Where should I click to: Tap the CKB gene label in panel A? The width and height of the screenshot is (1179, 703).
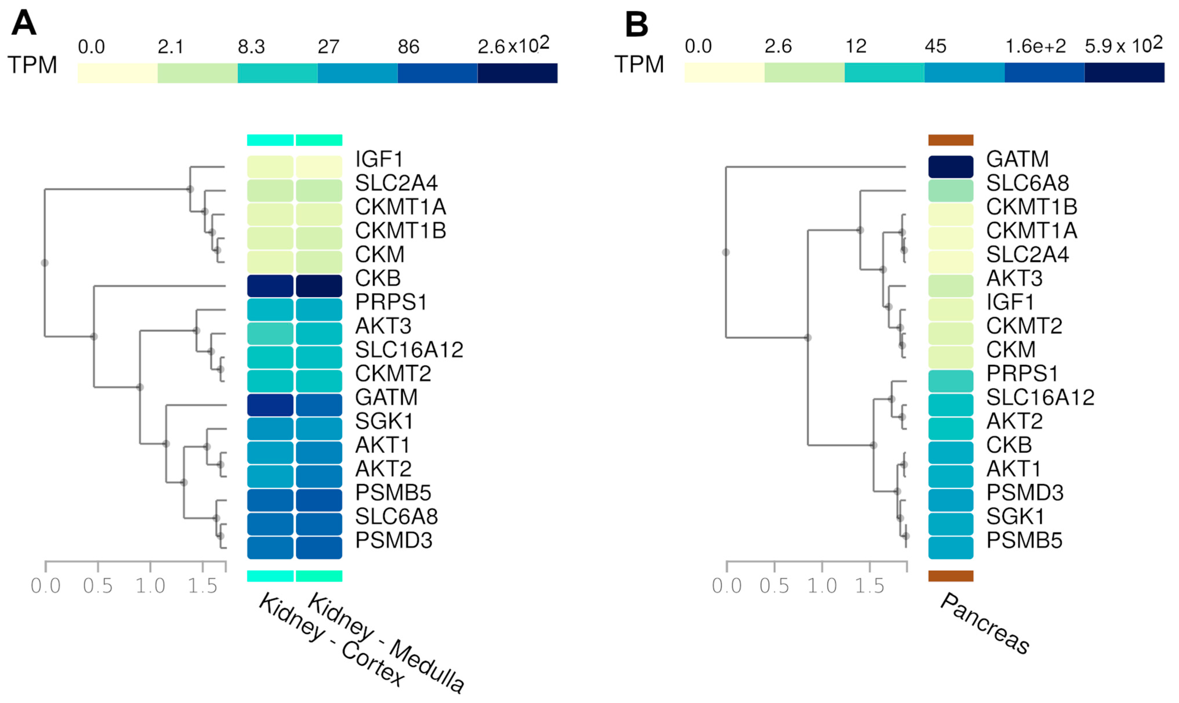click(x=378, y=278)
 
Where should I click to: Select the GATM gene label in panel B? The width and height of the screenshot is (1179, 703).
click(x=1017, y=159)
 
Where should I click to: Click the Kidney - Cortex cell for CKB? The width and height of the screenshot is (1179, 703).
click(x=270, y=286)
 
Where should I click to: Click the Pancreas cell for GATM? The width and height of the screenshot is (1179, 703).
click(x=950, y=167)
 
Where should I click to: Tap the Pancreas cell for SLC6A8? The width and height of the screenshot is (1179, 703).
click(x=950, y=190)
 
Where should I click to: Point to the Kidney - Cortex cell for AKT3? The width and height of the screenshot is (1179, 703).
click(x=270, y=333)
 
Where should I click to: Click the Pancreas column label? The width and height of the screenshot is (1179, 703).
click(x=985, y=624)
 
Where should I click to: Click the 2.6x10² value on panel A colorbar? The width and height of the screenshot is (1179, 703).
click(x=513, y=46)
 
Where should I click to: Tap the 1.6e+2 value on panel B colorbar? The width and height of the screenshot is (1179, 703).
click(x=1035, y=46)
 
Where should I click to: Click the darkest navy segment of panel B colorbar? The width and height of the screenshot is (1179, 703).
click(x=1124, y=73)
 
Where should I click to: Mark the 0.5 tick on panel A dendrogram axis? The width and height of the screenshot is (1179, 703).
click(x=98, y=585)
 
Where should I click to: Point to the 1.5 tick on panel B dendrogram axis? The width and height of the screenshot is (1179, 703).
click(x=869, y=585)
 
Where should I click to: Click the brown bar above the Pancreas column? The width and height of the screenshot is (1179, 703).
click(x=950, y=140)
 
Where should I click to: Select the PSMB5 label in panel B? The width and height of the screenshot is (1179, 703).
click(x=1024, y=540)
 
